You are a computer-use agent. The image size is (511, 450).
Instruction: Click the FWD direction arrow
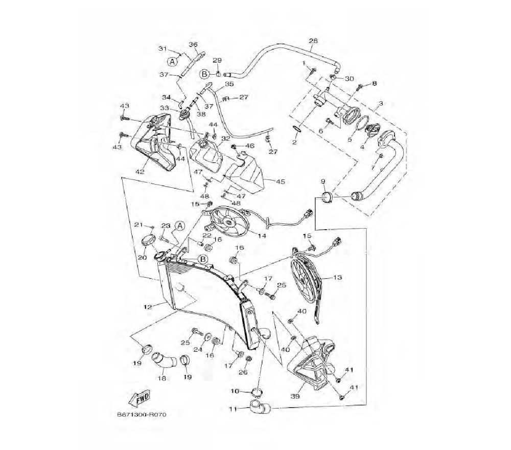pyautogui.click(x=140, y=398)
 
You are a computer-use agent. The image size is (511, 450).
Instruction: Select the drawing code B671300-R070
pyautogui.click(x=142, y=415)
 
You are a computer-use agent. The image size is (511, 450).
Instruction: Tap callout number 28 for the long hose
pyautogui.click(x=313, y=41)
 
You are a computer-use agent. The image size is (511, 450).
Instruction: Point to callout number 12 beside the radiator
pyautogui.click(x=148, y=307)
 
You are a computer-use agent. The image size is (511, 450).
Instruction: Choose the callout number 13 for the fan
pyautogui.click(x=338, y=278)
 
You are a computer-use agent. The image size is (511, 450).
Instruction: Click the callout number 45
pyautogui.click(x=280, y=182)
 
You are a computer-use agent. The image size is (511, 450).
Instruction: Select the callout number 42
pyautogui.click(x=140, y=172)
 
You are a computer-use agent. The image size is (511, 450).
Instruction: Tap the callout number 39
pyautogui.click(x=295, y=396)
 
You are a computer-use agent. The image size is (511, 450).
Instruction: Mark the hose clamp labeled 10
pyautogui.click(x=258, y=392)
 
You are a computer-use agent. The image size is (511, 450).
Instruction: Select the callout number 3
pyautogui.click(x=380, y=103)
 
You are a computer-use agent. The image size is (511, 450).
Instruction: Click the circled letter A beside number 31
pyautogui.click(x=173, y=61)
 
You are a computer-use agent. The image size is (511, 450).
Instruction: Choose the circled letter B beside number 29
pyautogui.click(x=204, y=74)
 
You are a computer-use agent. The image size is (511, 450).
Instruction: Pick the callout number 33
pyautogui.click(x=165, y=108)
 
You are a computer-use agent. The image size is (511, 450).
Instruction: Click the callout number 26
pyautogui.click(x=243, y=372)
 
